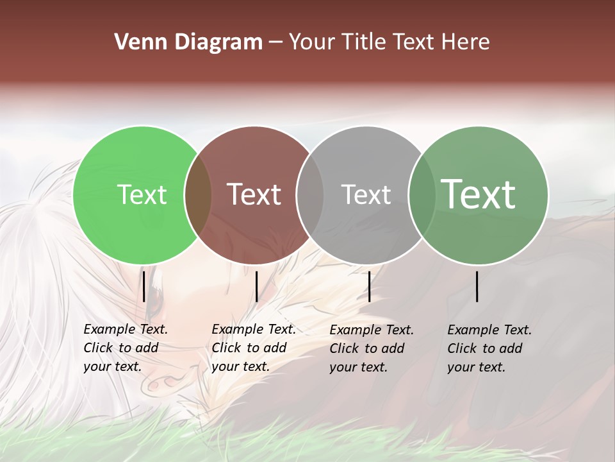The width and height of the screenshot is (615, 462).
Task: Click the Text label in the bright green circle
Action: [x=142, y=194]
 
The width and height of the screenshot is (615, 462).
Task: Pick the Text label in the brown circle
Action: [x=254, y=194]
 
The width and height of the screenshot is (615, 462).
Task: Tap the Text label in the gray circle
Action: [x=366, y=194]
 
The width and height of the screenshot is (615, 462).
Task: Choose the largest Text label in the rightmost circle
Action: [x=479, y=194]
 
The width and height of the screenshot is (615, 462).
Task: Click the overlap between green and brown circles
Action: [x=198, y=195]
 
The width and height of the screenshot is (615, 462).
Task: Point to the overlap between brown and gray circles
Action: [x=310, y=195]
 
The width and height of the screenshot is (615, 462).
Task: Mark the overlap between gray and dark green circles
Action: [x=422, y=195]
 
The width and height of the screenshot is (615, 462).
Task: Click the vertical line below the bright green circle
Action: [x=144, y=286]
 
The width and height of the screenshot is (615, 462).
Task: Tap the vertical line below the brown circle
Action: [x=256, y=286]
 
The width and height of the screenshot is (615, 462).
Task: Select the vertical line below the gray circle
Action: [x=370, y=286]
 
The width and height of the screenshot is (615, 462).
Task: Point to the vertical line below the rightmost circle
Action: [x=477, y=286]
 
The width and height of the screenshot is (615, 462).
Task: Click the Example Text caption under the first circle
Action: [x=126, y=348]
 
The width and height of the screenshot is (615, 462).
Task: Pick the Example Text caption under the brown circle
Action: [x=254, y=348]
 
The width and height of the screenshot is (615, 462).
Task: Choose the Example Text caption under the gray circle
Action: [x=372, y=348]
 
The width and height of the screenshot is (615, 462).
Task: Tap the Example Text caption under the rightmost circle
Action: [x=489, y=348]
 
